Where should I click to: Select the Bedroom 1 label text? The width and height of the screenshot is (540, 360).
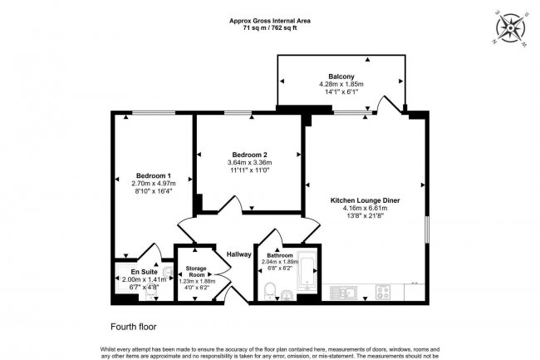click(x=153, y=175)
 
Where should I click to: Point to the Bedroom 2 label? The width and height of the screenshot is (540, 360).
click(x=249, y=154)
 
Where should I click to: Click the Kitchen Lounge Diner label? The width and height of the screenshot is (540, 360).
click(x=366, y=200)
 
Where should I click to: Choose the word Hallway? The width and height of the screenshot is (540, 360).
click(x=239, y=254)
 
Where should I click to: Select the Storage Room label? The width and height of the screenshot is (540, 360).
click(x=197, y=270)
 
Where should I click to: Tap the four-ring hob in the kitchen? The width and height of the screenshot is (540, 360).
click(x=383, y=292)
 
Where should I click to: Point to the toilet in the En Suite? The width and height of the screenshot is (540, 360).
click(x=150, y=292)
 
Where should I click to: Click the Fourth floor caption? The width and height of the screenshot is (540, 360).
click(x=133, y=327)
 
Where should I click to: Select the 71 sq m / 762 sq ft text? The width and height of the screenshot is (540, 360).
click(x=269, y=27)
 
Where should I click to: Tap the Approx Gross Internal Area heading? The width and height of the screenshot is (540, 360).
click(x=269, y=19)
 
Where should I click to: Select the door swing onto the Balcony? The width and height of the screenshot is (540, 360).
click(x=386, y=105)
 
